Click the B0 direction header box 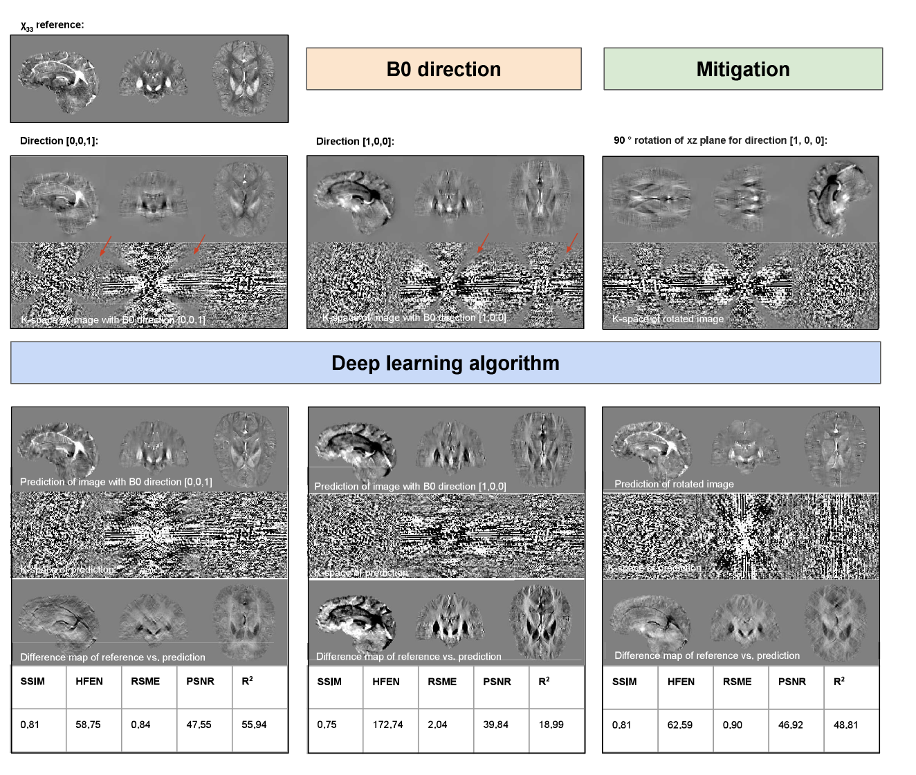tap(443, 69)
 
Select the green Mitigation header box tap(743, 69)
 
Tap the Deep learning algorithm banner tap(446, 363)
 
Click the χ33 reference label tap(52, 26)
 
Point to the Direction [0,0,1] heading tap(59, 141)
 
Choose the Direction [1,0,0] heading tap(355, 142)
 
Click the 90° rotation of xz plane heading tap(720, 140)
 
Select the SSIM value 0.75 tap(327, 725)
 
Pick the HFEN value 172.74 tap(387, 725)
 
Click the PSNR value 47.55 tap(199, 725)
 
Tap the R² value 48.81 tap(845, 725)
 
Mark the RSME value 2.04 tap(437, 725)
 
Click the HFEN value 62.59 tap(680, 725)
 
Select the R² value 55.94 tap(254, 725)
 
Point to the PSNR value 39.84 tap(495, 725)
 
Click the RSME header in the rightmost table tap(737, 682)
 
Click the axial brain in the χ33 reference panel tap(243, 78)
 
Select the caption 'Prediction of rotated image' tap(674, 484)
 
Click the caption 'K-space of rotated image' tap(668, 319)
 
